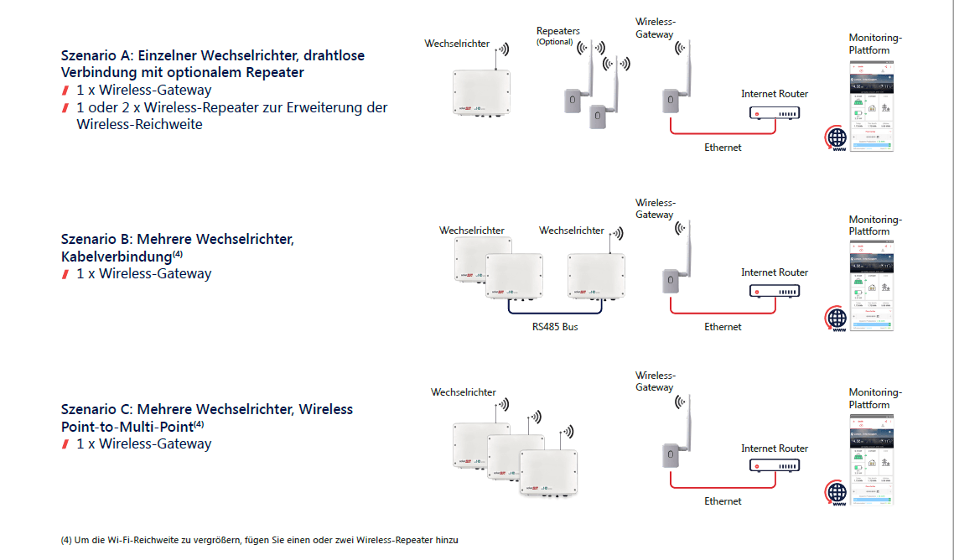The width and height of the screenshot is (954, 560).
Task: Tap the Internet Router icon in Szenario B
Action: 774,292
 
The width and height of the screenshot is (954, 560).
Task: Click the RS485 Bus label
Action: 555,327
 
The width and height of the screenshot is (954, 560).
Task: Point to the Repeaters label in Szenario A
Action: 557,31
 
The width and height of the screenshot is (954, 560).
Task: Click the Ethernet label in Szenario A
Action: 723,148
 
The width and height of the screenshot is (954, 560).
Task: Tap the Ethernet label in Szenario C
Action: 723,501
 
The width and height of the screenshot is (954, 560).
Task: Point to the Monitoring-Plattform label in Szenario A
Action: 875,44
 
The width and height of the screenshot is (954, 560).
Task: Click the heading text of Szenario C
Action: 207,417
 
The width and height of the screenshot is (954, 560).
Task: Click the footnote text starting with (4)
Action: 260,540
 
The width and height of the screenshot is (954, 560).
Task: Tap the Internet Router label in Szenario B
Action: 775,272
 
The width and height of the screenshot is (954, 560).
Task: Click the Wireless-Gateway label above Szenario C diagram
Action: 655,381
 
